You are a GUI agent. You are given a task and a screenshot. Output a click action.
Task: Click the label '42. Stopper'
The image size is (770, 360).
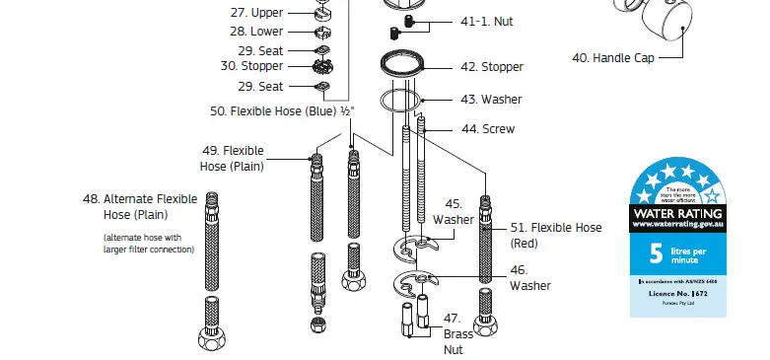492,67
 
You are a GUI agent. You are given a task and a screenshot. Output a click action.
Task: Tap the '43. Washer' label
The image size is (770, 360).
491,100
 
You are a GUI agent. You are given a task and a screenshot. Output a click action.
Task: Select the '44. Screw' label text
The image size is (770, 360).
487,129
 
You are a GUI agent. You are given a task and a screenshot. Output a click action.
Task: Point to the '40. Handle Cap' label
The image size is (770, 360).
612,57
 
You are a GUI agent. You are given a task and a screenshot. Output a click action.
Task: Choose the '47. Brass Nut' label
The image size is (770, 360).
453,333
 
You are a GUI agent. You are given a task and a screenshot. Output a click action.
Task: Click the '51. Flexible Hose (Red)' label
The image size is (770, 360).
555,235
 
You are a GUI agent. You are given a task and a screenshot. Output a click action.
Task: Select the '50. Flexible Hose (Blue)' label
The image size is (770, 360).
282,111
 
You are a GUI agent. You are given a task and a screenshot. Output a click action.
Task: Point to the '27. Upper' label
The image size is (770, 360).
256,13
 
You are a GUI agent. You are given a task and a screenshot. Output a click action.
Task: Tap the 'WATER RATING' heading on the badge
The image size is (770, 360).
677,213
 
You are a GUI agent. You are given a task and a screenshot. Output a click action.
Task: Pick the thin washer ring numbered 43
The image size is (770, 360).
402,101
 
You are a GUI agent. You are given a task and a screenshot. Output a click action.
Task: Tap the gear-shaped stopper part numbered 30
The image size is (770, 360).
327,67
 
